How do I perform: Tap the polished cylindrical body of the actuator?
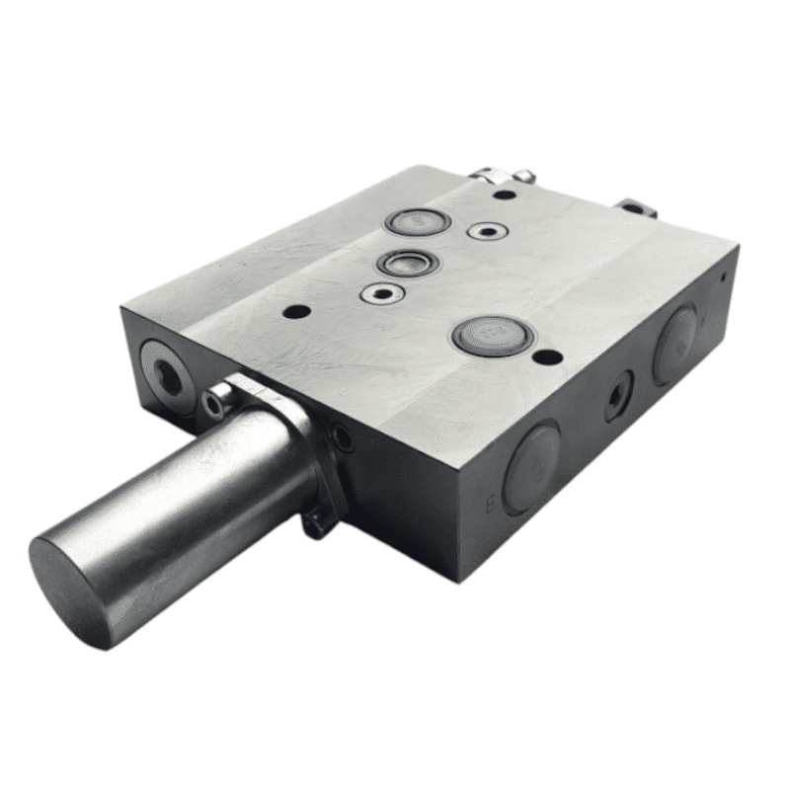click(x=197, y=494)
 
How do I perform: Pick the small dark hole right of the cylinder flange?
click(x=343, y=435)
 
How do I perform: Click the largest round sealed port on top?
click(x=493, y=336)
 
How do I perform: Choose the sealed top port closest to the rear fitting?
click(x=418, y=221)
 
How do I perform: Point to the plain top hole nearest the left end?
click(x=296, y=311)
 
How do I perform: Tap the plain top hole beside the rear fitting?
click(x=504, y=195)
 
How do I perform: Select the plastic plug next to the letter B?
click(x=531, y=466)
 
